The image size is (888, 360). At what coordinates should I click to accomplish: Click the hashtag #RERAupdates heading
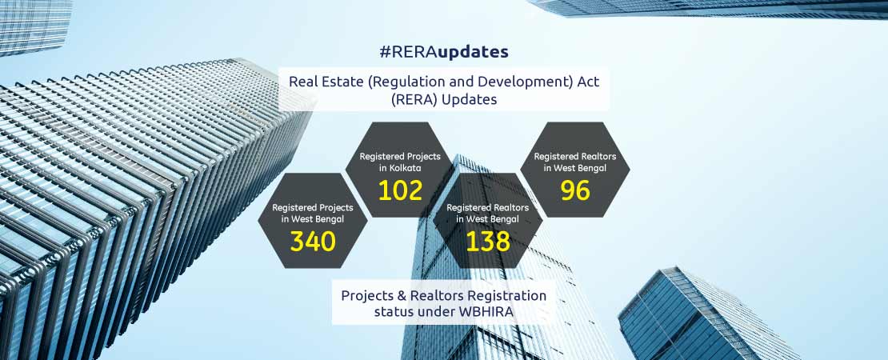pos(444,52)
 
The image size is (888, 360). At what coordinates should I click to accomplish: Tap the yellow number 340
pos(313,242)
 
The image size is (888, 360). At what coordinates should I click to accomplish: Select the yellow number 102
pos(400,190)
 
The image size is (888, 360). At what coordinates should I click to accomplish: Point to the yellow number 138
pos(488,242)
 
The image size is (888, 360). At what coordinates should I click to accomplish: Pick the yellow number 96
pos(575,190)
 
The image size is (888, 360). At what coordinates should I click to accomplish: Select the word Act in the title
pos(589,81)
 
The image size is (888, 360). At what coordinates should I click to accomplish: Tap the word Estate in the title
pos(343,81)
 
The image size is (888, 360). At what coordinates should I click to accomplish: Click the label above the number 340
pos(313,214)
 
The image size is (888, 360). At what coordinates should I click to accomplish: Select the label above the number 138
pos(488,214)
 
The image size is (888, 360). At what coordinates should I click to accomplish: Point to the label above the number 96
pos(575,162)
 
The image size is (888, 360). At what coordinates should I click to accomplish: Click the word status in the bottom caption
pos(393,312)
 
